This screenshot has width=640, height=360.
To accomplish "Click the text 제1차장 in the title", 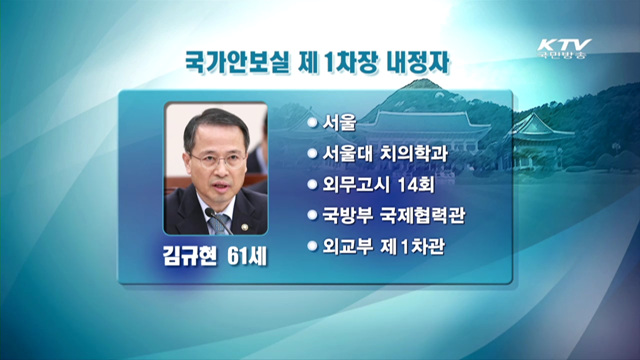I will pyautogui.click(x=333, y=62).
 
